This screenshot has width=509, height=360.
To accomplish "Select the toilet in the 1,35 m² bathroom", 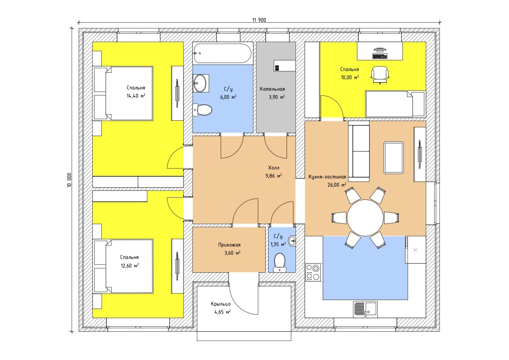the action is [280, 262].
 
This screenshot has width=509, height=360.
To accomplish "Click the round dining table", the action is [365, 217].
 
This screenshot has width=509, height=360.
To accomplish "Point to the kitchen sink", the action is [365, 308].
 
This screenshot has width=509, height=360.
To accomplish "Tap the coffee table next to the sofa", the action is [394, 158].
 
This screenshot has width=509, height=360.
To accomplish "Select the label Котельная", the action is [272, 89].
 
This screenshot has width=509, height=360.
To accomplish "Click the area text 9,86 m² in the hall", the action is [274, 176].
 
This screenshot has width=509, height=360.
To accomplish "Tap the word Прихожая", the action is [229, 245].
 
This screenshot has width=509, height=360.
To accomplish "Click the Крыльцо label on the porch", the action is [221, 304].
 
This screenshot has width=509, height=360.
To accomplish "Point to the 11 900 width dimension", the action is [259, 20].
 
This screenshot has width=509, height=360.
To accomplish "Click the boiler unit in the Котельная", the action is [284, 65].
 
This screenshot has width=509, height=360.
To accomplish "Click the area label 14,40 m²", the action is [136, 96].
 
